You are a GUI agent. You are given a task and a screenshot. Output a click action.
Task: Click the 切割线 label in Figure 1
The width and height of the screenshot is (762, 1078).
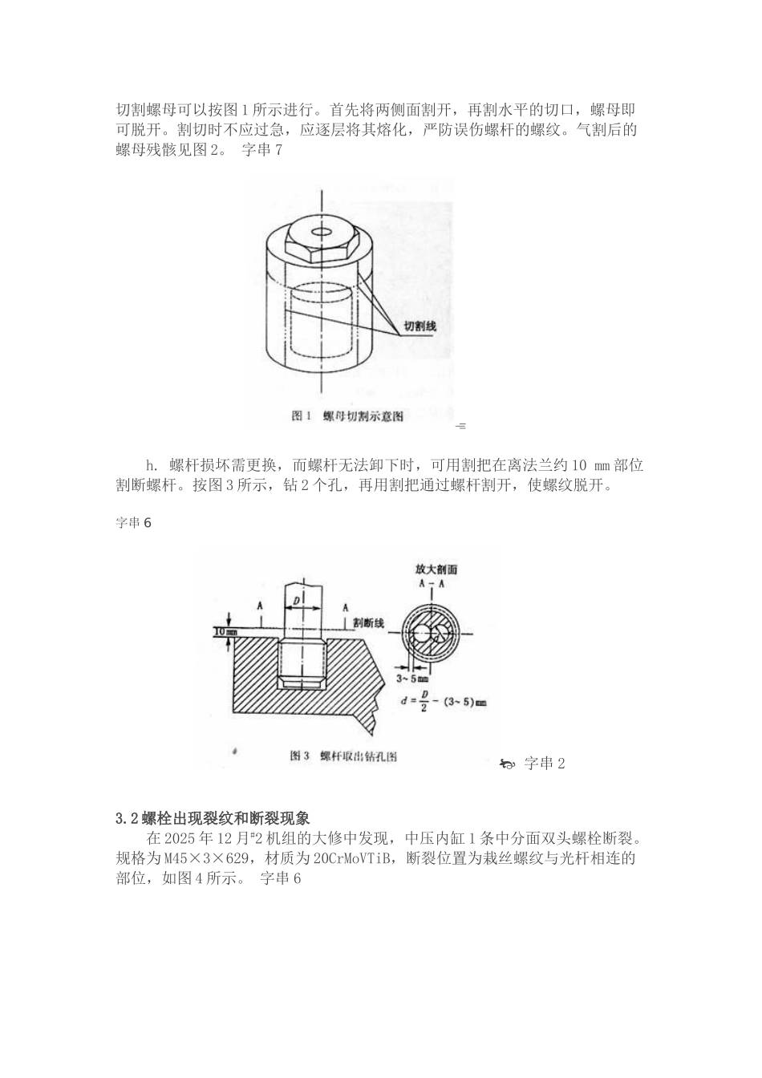pos(420,326)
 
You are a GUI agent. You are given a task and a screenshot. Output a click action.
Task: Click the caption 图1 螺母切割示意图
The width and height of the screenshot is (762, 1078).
pos(347,415)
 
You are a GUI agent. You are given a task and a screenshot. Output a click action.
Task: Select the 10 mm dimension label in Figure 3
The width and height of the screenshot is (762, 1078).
pos(225,632)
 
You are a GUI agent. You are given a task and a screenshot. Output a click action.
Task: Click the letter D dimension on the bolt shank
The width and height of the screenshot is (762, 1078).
pos(297,599)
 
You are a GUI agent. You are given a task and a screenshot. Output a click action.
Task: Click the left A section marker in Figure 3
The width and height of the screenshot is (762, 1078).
pos(259,607)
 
